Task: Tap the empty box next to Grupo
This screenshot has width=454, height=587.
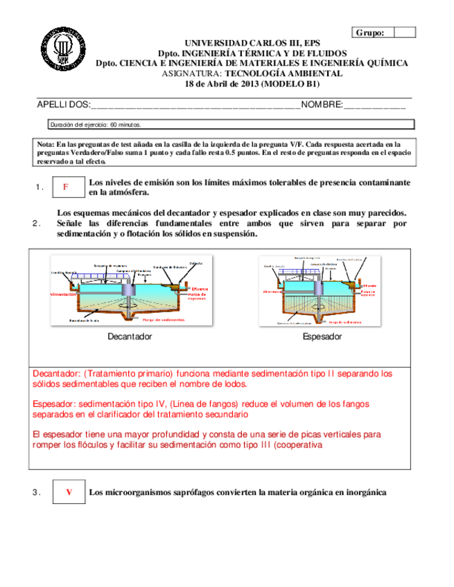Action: [405, 33]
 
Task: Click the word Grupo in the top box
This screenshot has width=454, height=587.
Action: [374, 33]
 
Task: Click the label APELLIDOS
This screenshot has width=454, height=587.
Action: [63, 105]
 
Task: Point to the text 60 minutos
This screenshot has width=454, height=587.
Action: [125, 125]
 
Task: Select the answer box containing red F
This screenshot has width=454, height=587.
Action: [66, 187]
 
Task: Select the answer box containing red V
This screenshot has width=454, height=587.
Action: [69, 492]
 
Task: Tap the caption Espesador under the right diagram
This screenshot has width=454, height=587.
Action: [322, 336]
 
